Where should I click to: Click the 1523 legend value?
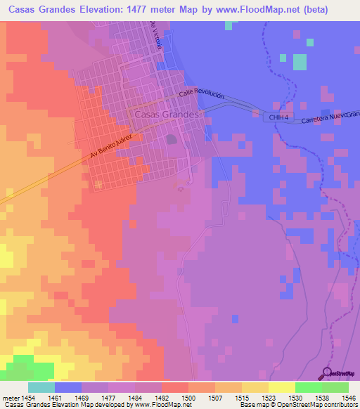pos(255,397)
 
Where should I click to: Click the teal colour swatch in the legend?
pos(41,387)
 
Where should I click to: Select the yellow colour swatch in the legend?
pos(281,387)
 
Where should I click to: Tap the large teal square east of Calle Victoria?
pos(300,63)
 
